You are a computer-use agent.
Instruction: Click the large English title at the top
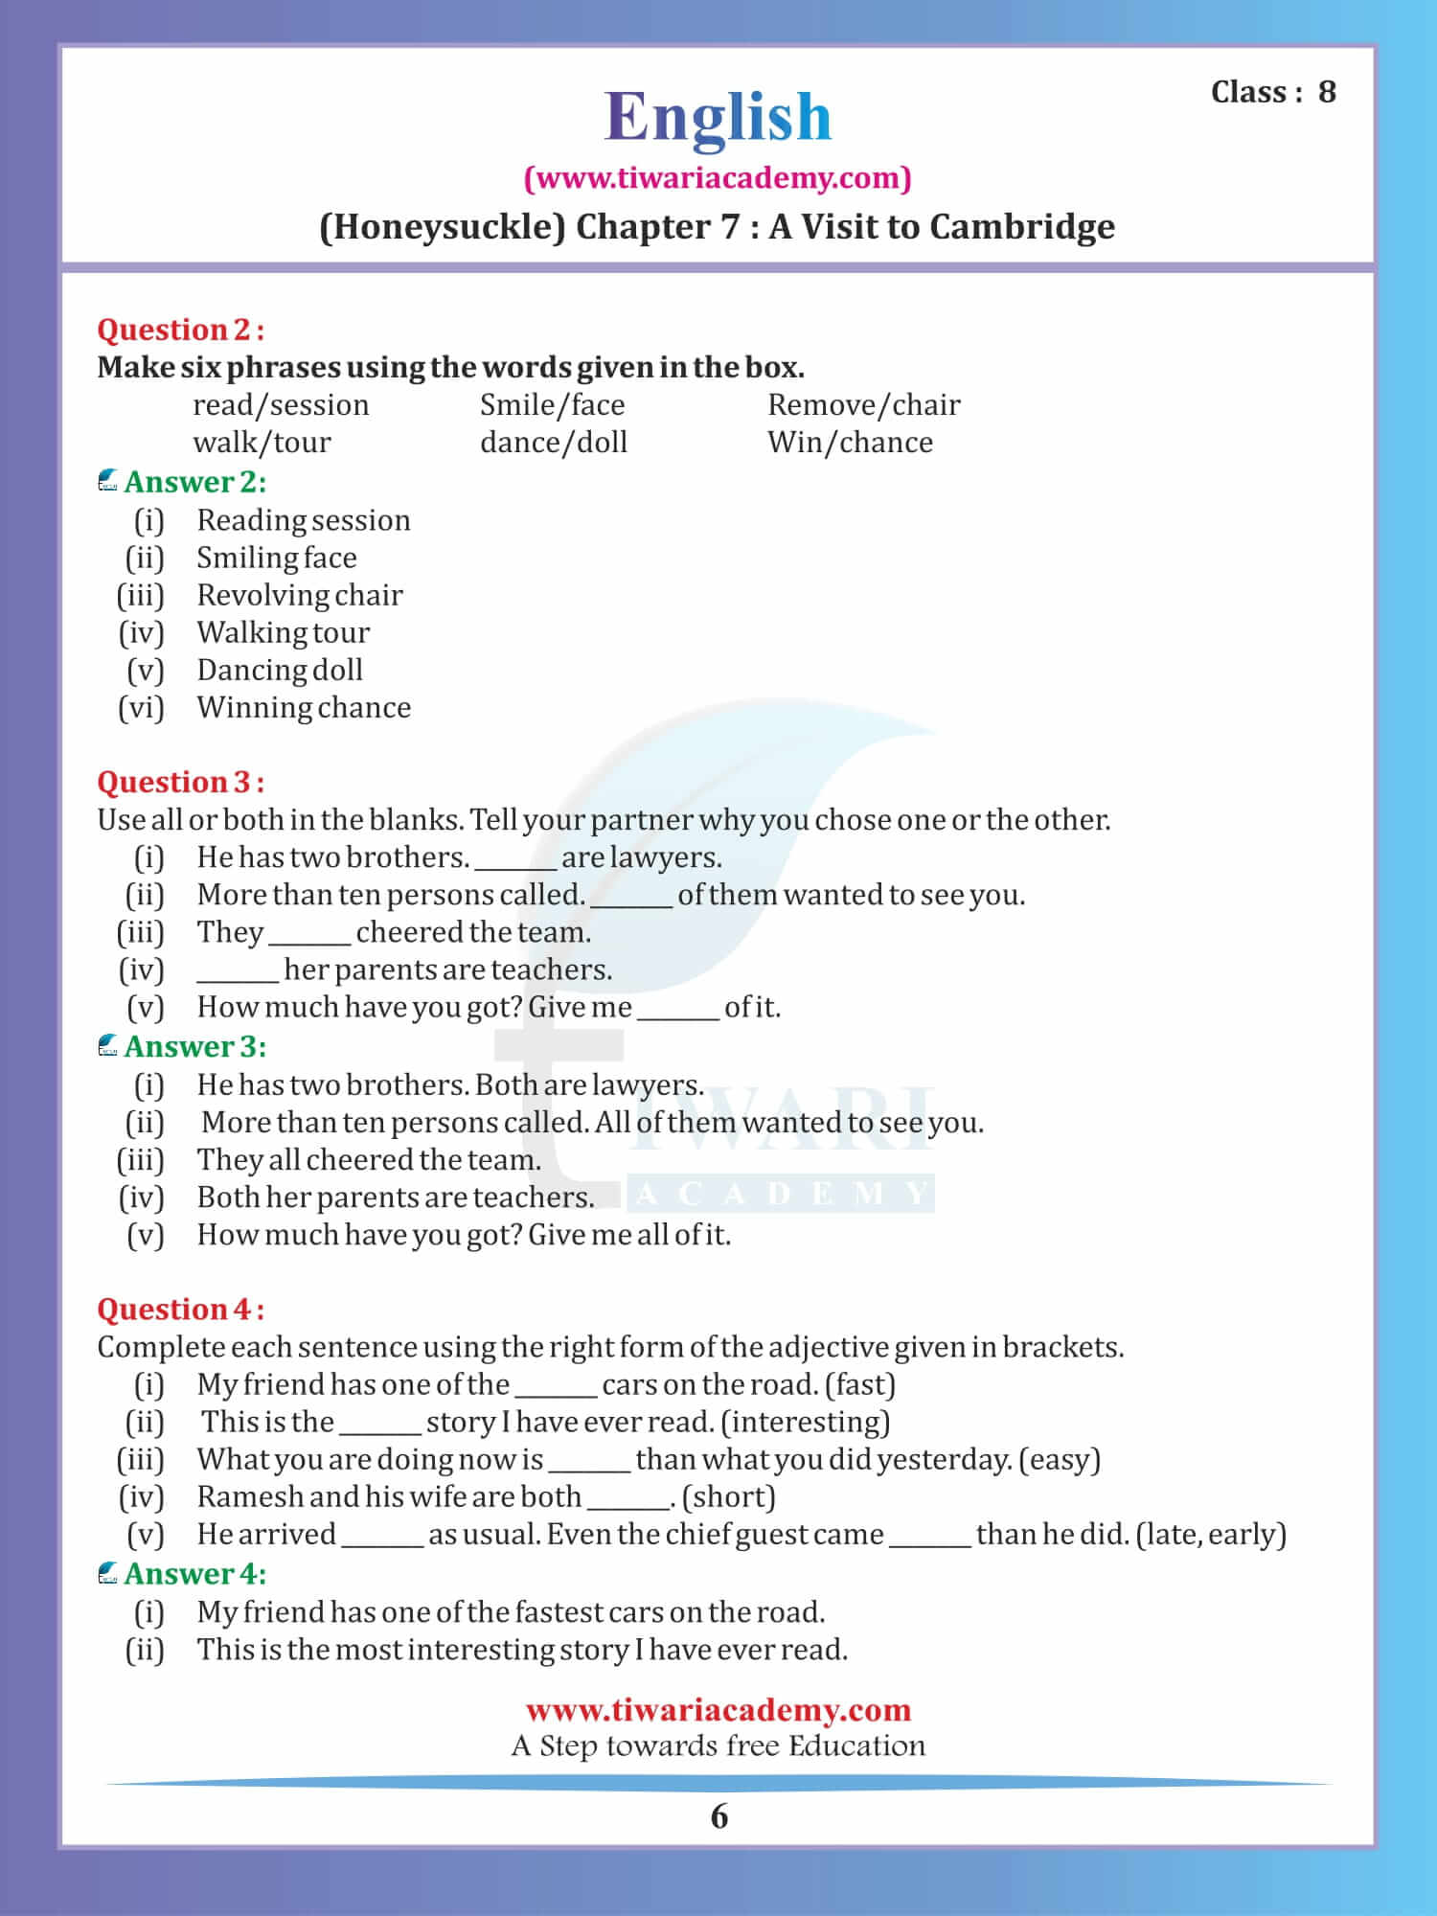718,117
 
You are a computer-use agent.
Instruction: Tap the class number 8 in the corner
1327,92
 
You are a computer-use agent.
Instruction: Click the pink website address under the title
718,178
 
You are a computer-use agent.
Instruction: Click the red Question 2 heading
180,330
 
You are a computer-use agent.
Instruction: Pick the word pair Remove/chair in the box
863,405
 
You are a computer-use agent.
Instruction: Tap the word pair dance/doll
554,443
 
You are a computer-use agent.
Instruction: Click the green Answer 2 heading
194,482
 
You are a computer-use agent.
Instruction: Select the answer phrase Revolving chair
300,595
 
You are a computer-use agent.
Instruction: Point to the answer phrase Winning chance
304,708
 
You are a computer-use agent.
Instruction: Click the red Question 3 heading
180,783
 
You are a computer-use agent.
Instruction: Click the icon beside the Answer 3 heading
108,1046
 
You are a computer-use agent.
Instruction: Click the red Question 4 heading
180,1310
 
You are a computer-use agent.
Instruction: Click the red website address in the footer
718,1710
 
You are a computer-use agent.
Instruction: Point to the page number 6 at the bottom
719,1817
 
